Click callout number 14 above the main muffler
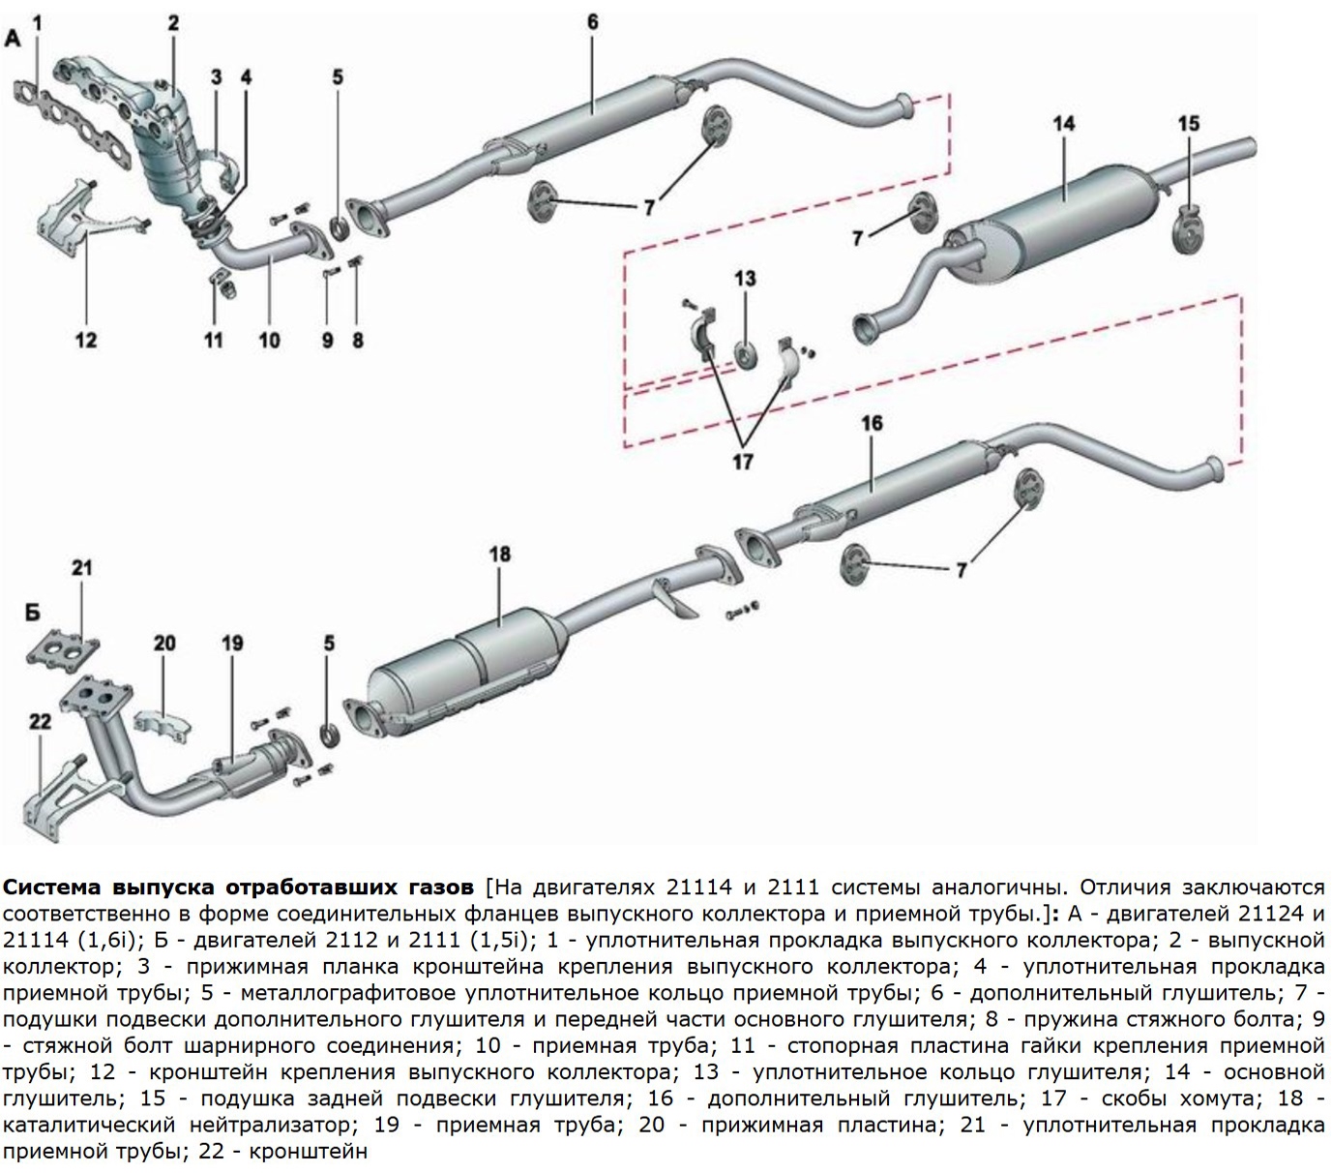tap(1063, 124)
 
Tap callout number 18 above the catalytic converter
tap(499, 555)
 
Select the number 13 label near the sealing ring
tap(744, 280)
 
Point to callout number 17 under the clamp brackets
tap(742, 462)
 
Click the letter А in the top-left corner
tap(13, 39)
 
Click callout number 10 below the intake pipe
tap(269, 340)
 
